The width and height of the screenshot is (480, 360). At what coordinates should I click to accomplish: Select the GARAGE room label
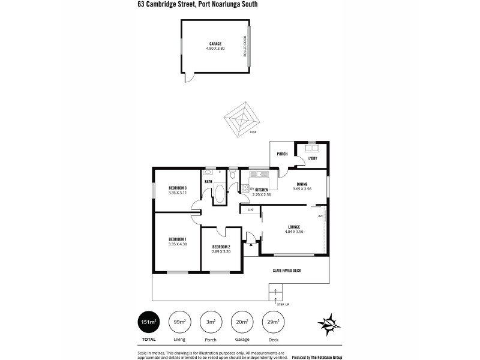(x=215, y=44)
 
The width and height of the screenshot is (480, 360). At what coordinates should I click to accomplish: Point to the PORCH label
(x=282, y=154)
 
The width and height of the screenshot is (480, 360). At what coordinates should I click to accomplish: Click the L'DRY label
(x=313, y=158)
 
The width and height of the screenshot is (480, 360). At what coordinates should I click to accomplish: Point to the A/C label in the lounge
(x=321, y=216)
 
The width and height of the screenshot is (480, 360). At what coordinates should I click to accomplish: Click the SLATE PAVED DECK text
(x=288, y=271)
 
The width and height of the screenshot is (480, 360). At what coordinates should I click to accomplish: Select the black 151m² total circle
(x=147, y=322)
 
